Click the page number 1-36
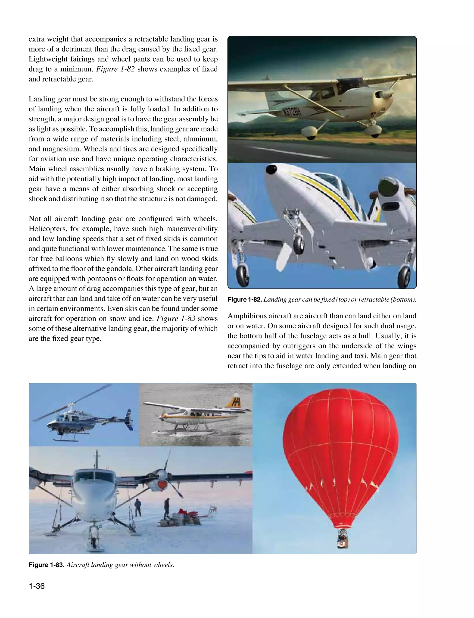pos(37,586)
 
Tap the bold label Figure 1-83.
pos(47,565)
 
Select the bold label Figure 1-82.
pos(245,300)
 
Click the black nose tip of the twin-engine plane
pos(271,169)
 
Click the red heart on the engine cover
pos(162,485)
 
